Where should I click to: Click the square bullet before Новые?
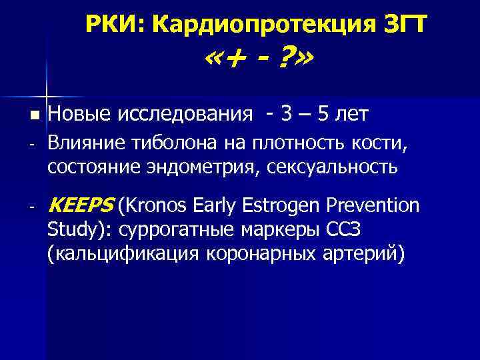click(35, 115)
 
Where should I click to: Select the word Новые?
click(79, 115)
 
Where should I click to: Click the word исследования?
click(185, 115)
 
